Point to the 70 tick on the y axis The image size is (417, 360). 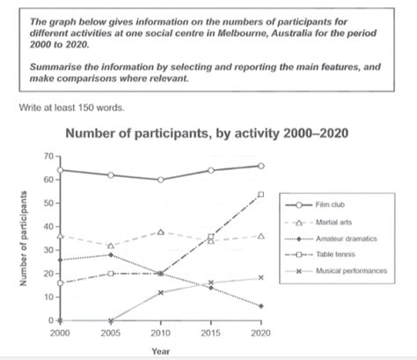click(46, 156)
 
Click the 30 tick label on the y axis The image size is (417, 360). click(46, 250)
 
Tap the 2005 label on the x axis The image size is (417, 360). click(110, 334)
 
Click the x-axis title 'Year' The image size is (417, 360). click(161, 349)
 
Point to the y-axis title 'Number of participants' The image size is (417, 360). click(20, 239)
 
